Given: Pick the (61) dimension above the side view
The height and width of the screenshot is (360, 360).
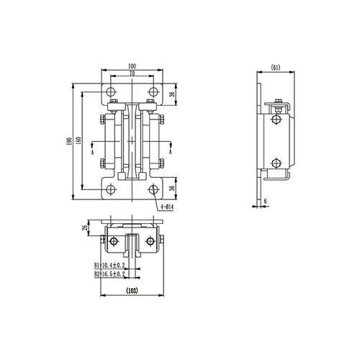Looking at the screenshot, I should tap(275, 68).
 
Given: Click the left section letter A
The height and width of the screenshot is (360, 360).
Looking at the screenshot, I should tap(93, 153).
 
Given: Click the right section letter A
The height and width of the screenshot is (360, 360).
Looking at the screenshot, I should tap(170, 153).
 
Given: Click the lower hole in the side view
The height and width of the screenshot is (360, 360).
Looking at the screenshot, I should tap(276, 161).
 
